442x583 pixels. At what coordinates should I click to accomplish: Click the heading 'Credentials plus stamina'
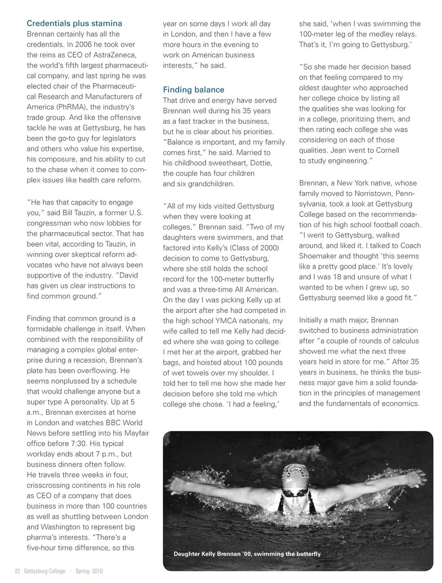pyautogui.click(x=75, y=23)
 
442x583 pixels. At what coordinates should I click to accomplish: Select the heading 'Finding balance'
pyautogui.click(x=193, y=90)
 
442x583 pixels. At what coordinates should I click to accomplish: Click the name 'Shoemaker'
pyautogui.click(x=319, y=256)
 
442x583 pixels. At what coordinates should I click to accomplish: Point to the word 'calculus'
pyautogui.click(x=404, y=341)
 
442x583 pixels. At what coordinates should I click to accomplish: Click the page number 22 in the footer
pyautogui.click(x=17, y=571)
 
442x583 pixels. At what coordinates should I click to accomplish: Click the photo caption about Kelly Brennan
pyautogui.click(x=247, y=554)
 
